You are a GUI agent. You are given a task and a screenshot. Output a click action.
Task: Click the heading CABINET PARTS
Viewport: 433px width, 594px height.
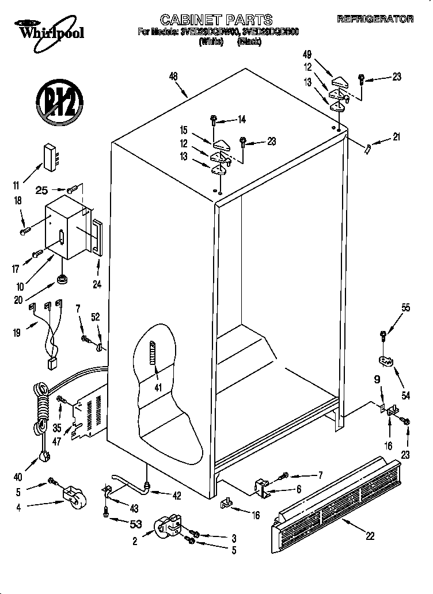(x=215, y=20)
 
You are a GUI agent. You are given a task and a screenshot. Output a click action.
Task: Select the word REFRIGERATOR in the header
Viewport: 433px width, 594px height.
(x=375, y=20)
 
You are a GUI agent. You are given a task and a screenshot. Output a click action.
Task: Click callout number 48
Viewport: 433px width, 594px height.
(x=173, y=76)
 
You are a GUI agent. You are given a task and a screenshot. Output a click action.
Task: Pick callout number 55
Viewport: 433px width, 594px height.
(x=406, y=308)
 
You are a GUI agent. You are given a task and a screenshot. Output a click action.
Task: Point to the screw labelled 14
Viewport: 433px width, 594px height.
(x=214, y=120)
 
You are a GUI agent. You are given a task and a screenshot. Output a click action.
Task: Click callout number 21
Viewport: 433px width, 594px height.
(x=396, y=137)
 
